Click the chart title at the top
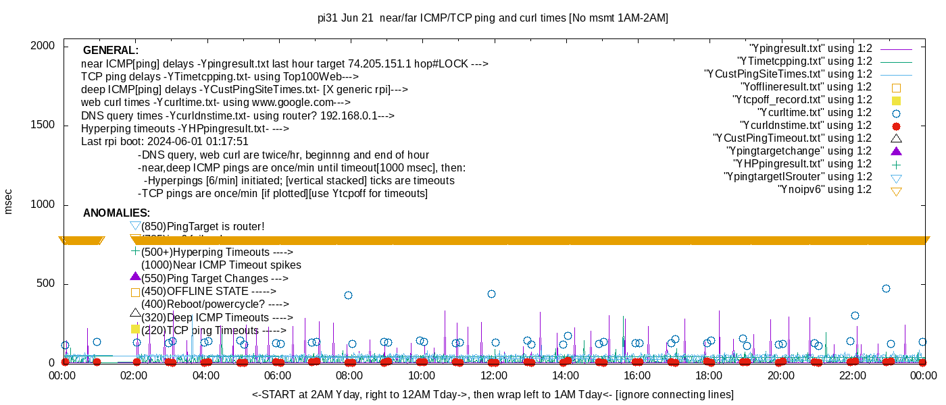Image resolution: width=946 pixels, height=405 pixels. pos(493,18)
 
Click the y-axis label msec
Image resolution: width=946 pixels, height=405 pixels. pos(9,201)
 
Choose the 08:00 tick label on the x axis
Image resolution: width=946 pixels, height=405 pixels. pos(349,375)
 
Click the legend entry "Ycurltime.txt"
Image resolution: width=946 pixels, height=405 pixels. pos(814,113)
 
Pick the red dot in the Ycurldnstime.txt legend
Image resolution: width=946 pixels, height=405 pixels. pos(897,126)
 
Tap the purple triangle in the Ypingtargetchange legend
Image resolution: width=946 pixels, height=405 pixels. pos(897,151)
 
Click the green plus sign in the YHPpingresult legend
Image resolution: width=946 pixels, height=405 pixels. pos(897,164)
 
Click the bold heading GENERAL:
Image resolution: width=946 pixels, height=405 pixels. pos(111,51)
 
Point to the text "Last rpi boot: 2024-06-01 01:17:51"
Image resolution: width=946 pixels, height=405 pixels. pos(165,142)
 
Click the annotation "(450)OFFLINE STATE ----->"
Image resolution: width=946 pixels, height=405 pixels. pos(209,292)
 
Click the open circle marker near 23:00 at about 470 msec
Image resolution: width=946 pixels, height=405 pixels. pos(886,289)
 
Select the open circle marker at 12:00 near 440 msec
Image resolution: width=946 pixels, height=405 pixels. pos(491,294)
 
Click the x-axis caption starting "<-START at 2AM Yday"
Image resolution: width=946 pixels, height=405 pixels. pos(493,394)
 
